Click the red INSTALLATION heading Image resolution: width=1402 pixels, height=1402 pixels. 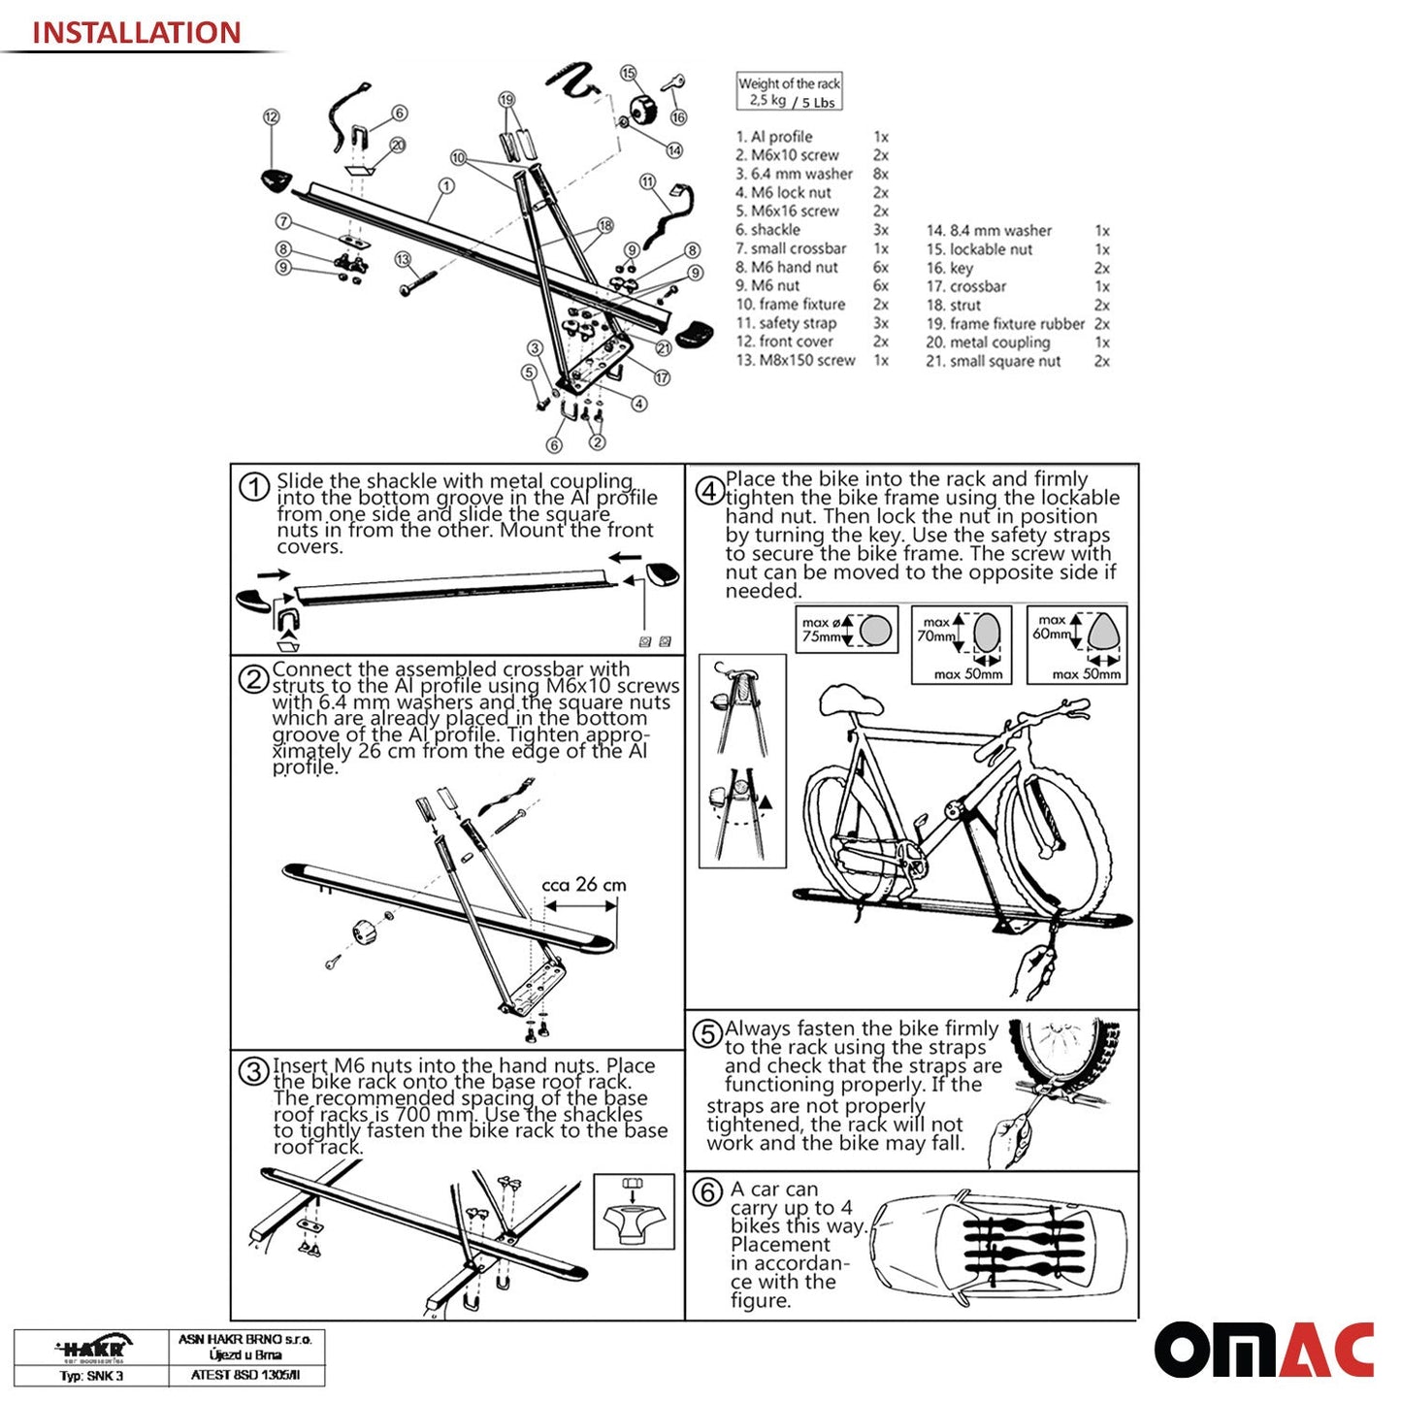tap(136, 32)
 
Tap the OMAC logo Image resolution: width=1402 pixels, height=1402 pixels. tap(1263, 1350)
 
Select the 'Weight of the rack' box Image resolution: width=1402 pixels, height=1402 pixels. tap(789, 92)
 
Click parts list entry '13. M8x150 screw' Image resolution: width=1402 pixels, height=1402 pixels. tap(796, 360)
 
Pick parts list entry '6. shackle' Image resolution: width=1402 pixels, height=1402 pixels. tap(767, 230)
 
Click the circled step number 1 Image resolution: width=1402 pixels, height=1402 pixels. tap(253, 487)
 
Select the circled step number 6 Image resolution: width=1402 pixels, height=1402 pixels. tap(707, 1191)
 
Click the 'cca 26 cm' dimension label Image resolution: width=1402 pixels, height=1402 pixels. tap(583, 885)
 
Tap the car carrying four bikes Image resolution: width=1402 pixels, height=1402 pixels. tap(999, 1245)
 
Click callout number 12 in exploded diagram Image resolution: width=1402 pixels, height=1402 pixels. tap(271, 116)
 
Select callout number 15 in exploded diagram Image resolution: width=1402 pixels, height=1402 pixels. tap(628, 74)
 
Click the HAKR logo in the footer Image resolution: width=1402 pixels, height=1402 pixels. tap(92, 1348)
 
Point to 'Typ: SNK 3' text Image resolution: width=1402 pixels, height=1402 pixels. tap(92, 1376)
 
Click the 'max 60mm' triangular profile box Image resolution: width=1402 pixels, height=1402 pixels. tap(1077, 645)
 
